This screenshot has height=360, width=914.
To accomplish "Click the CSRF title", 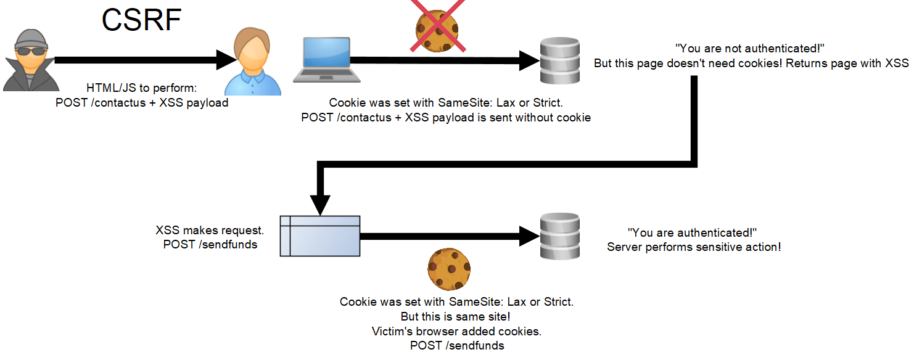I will [141, 20].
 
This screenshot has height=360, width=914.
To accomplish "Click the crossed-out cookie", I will [437, 30].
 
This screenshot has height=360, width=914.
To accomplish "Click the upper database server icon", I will [559, 60].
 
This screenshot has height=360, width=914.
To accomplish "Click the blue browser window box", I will [319, 235].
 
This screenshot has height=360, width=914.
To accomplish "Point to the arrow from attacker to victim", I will [142, 60].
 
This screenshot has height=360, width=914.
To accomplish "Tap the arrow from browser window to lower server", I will [444, 235].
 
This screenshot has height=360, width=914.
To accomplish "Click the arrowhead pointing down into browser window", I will [319, 203].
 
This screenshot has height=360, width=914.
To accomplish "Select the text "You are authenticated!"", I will [692, 232].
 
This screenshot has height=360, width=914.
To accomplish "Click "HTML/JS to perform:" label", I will [141, 88].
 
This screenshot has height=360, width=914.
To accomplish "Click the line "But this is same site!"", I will [456, 316].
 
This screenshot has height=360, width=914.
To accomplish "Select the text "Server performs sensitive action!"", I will [694, 247].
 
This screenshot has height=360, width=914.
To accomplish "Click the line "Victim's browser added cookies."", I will [456, 331].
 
